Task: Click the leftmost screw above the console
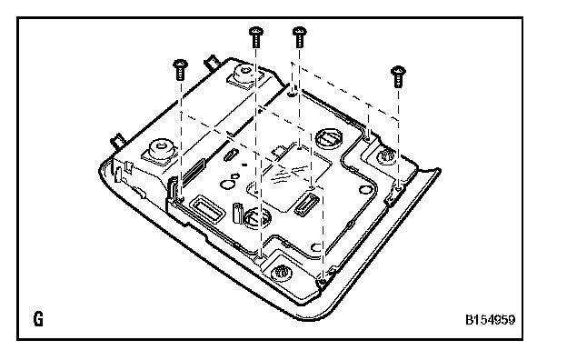coord(181,70)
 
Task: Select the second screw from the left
coord(256,37)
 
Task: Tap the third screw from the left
coord(300,37)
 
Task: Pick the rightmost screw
coord(398,76)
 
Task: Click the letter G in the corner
coord(38,319)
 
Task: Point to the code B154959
coord(490,320)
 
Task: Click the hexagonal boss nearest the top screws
coord(244,75)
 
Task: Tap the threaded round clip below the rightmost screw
coord(386,157)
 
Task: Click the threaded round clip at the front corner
coord(281,271)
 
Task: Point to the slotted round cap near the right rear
coord(329,138)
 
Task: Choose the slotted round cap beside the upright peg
coord(257,219)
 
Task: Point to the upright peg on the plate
coord(237,213)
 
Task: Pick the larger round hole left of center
coord(227,185)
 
